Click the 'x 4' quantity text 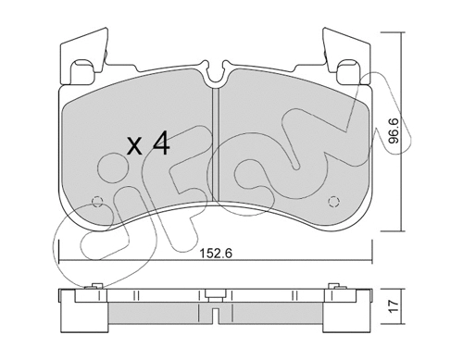tap(148, 145)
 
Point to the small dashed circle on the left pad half tap(99, 200)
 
